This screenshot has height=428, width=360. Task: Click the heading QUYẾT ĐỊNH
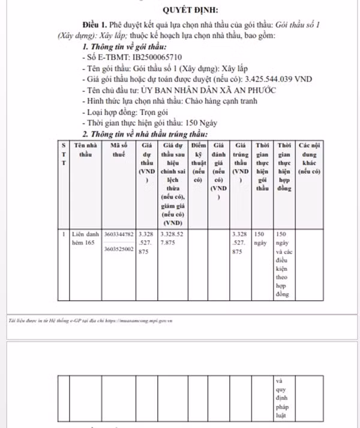tap(190, 9)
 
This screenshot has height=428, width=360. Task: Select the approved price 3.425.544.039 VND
tap(278, 79)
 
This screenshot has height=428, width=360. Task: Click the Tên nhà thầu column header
tap(83, 149)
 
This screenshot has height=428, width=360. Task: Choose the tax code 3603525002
tap(119, 248)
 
